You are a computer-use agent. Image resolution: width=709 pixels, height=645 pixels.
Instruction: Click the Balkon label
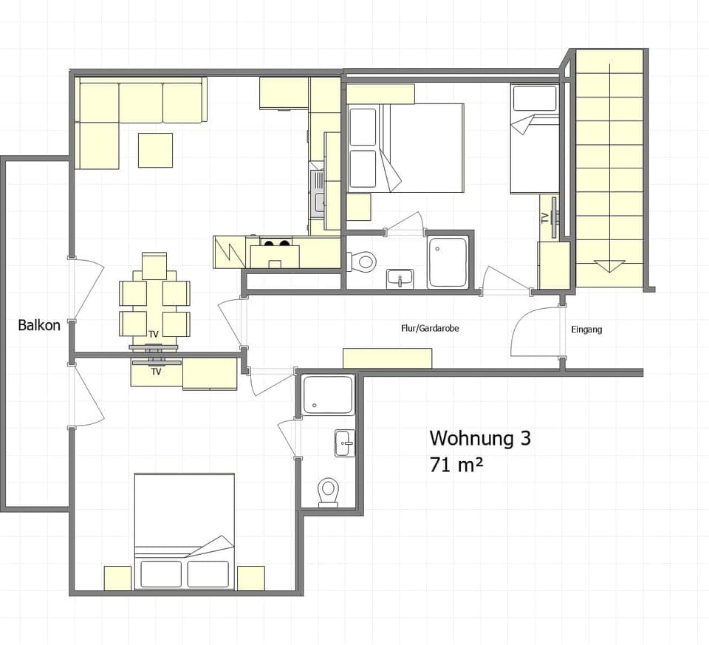(39, 325)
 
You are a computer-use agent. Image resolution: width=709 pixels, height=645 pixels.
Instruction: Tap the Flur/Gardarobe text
(430, 329)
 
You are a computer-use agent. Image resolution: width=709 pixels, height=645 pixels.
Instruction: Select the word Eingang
(586, 330)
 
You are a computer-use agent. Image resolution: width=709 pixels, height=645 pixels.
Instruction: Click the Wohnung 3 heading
(479, 438)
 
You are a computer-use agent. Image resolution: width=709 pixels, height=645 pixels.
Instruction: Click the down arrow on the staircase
(609, 265)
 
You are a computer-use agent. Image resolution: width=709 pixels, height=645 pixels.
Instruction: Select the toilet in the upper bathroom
(363, 261)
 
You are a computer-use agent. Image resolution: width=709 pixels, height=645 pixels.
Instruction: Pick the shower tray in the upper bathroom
(448, 262)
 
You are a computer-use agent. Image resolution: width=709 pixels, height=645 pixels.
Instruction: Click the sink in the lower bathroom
(344, 443)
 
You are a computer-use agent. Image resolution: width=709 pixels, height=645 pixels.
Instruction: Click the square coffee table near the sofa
(155, 150)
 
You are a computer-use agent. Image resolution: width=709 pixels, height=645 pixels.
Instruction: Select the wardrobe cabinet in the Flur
(387, 358)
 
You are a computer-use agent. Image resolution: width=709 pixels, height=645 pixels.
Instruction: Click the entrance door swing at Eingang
(535, 332)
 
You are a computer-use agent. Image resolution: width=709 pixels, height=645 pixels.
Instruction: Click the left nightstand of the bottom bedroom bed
(117, 578)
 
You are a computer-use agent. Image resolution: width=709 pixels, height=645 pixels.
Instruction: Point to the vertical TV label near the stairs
(545, 218)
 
